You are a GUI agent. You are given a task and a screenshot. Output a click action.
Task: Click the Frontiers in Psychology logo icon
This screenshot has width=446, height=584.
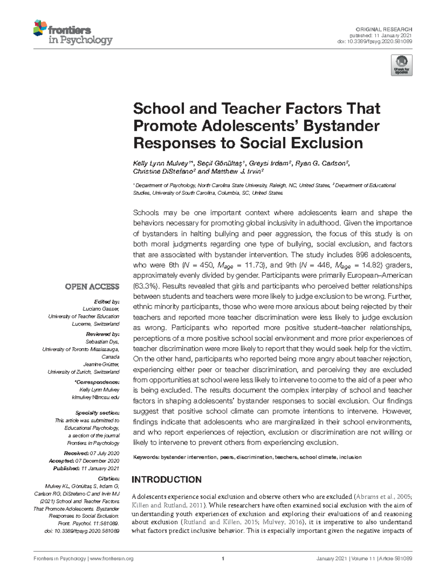click(40, 28)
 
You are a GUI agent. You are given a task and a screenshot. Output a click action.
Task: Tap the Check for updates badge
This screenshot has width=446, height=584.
click(401, 65)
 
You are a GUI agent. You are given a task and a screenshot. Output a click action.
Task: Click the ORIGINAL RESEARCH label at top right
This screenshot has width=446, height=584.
click(384, 29)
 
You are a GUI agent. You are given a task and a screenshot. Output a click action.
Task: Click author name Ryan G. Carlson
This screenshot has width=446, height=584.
click(321, 164)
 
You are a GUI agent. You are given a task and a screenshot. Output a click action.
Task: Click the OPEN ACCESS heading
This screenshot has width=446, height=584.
click(92, 287)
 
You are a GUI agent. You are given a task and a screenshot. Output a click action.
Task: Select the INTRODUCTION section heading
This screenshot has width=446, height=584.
click(167, 480)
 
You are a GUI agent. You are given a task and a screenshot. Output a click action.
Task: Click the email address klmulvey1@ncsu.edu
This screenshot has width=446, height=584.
click(96, 397)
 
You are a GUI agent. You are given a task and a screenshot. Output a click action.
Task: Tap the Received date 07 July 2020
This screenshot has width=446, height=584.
click(104, 454)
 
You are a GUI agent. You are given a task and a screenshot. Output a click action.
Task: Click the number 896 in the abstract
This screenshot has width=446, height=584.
click(362, 255)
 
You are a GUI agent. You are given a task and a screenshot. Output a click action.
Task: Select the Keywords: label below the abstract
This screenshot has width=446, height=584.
click(146, 457)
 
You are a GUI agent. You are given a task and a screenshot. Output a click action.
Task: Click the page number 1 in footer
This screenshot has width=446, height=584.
click(223, 559)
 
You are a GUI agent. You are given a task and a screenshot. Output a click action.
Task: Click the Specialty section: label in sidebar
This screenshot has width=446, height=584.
click(97, 413)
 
